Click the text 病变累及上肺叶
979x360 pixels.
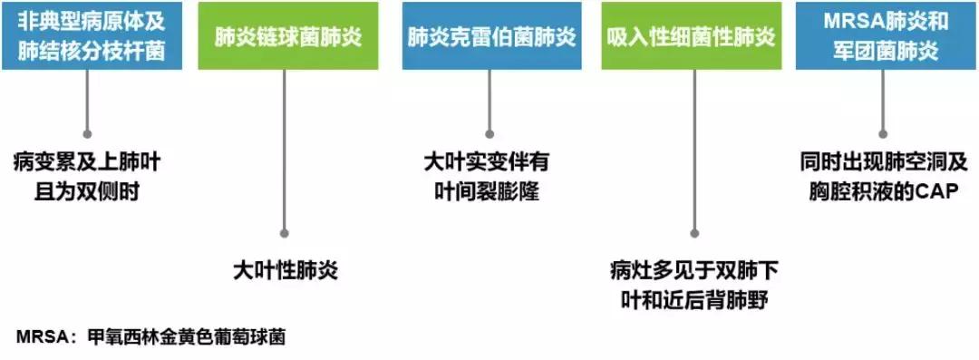click(88, 164)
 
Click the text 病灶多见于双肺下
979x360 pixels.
click(695, 270)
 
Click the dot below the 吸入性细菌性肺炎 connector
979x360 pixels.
click(694, 232)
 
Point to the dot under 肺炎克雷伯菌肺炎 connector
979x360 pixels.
click(489, 132)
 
